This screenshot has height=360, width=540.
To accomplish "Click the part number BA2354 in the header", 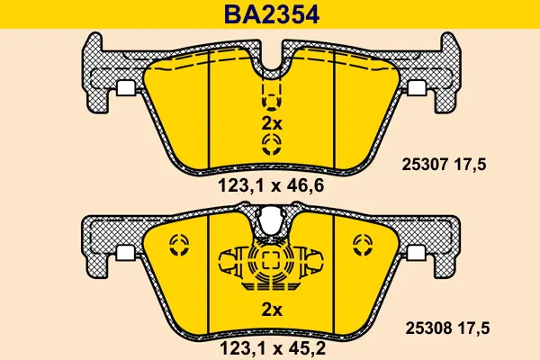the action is pos(272,14).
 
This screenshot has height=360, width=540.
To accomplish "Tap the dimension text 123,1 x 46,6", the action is pos(272,186).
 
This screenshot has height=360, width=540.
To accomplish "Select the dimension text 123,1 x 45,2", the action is pos(273,348).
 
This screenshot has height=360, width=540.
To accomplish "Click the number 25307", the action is pos(425,165).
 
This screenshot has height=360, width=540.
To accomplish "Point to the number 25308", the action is pos(428,328).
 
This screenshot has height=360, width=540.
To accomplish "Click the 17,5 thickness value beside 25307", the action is pos(471,165).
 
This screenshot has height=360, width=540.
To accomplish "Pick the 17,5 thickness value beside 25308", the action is pos(474,328).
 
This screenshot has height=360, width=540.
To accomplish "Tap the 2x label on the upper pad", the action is pos(272,123).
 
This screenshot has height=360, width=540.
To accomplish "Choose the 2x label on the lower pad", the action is pos(272,310).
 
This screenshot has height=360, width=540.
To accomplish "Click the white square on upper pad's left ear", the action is pos(125,88).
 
